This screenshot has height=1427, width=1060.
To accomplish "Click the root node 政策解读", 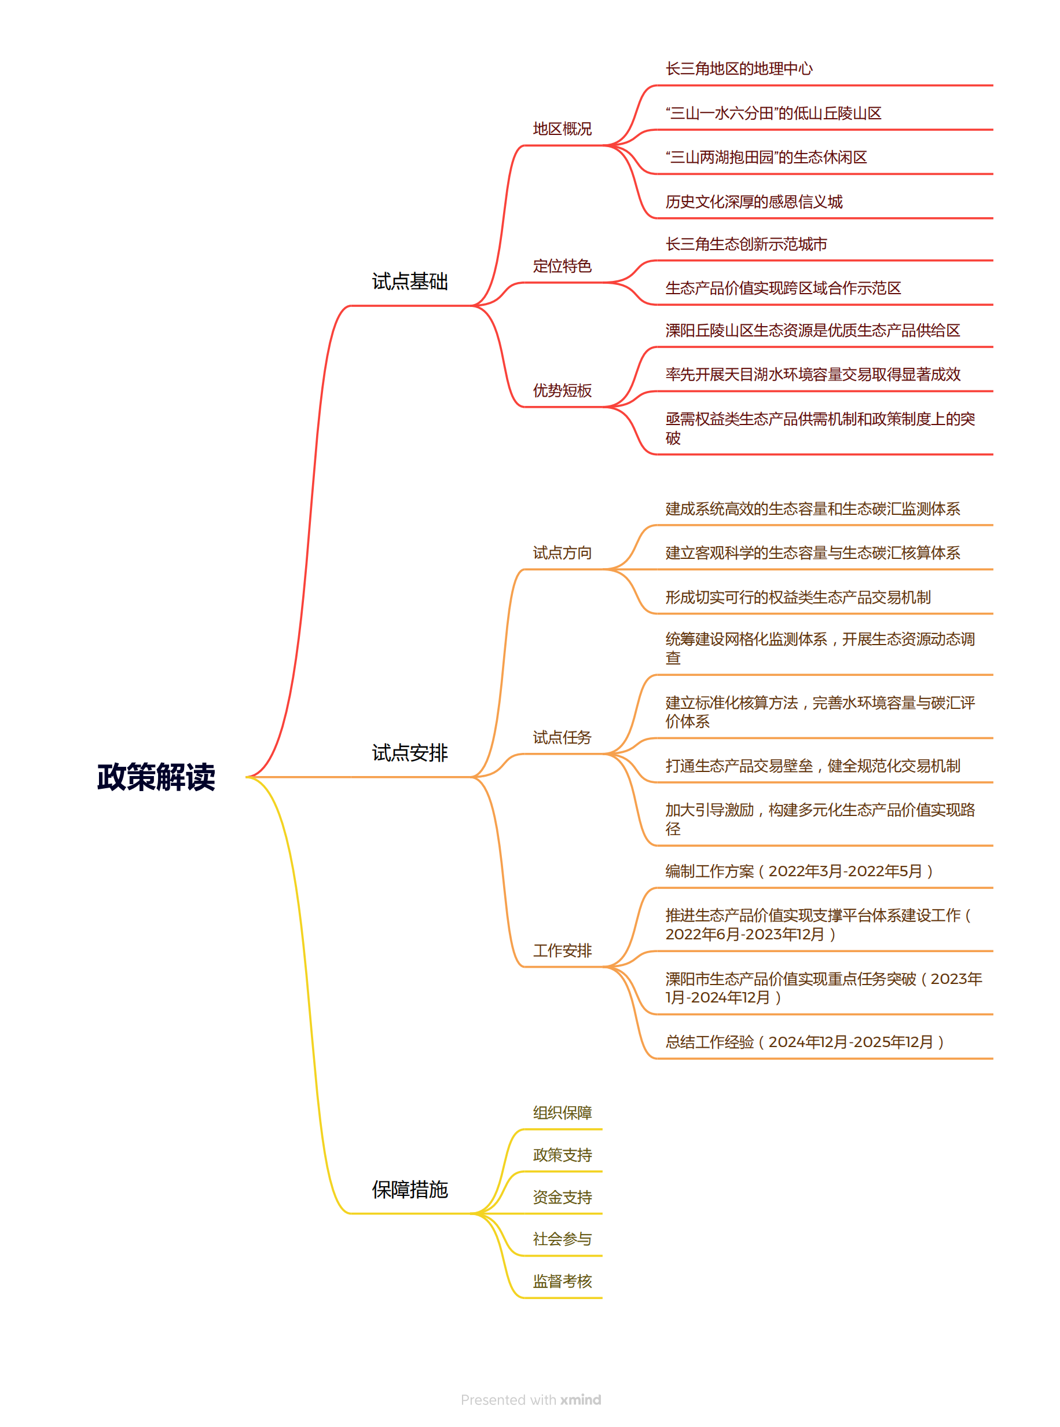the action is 156,777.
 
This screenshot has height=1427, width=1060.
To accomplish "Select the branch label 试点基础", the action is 410,281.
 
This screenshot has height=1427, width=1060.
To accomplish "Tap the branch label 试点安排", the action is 410,752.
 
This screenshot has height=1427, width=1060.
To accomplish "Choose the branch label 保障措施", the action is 410,1190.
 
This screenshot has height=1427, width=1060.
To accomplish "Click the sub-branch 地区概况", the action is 562,129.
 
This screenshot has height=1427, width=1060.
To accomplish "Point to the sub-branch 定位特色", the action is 562,266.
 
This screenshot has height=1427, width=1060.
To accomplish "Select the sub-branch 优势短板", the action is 562,390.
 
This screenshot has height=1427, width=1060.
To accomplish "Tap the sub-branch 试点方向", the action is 562,552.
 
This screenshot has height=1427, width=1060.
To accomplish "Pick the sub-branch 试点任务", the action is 562,737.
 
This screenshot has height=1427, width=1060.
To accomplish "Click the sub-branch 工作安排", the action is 562,950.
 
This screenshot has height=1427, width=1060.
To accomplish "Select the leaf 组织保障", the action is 562,1113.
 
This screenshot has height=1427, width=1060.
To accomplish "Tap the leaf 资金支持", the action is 562,1197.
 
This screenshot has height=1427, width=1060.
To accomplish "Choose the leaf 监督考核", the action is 562,1281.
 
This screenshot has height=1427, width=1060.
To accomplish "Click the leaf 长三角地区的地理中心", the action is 739,69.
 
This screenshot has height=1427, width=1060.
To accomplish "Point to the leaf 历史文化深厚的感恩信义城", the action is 754,202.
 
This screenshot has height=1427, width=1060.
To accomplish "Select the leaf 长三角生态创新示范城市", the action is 746,244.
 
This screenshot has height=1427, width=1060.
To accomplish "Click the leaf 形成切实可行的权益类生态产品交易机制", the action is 798,597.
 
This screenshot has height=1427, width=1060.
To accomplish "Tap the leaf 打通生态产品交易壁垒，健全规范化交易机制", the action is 813,765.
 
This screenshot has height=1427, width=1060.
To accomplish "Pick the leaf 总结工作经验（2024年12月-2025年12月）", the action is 805,1041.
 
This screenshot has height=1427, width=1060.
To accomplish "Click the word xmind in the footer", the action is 581,1399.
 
